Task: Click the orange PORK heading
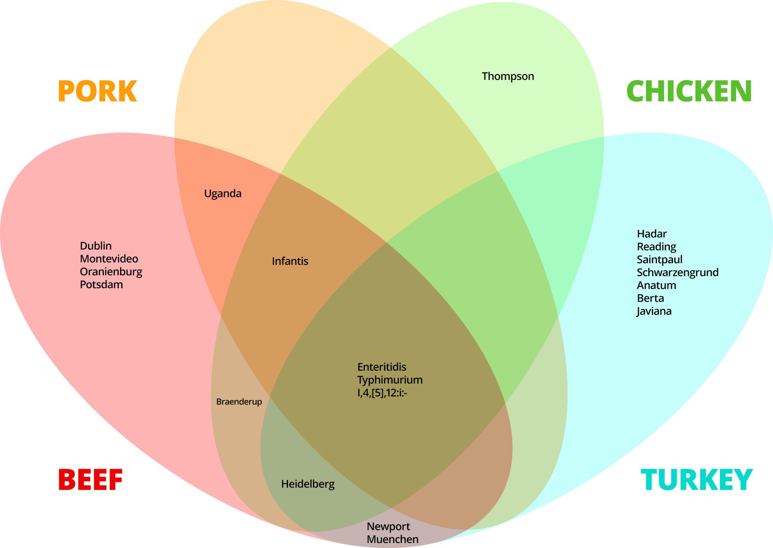pyautogui.click(x=97, y=91)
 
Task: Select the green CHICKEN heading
pyautogui.click(x=689, y=91)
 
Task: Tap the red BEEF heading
pyautogui.click(x=91, y=480)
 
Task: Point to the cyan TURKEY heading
pyautogui.click(x=697, y=480)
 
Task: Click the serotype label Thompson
pyautogui.click(x=508, y=77)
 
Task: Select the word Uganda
pyautogui.click(x=223, y=194)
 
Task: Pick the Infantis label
pyautogui.click(x=290, y=261)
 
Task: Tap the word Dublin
pyautogui.click(x=96, y=246)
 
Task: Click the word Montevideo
pyautogui.click(x=109, y=259)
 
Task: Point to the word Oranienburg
pyautogui.click(x=111, y=272)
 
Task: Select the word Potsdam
pyautogui.click(x=101, y=285)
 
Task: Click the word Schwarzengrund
pyautogui.click(x=678, y=273)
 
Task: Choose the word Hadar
pyautogui.click(x=651, y=234)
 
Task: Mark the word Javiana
pyautogui.click(x=654, y=311)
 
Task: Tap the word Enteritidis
pyautogui.click(x=382, y=367)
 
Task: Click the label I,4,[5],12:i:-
pyautogui.click(x=382, y=393)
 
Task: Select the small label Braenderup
pyautogui.click(x=239, y=402)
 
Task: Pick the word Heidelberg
pyautogui.click(x=308, y=484)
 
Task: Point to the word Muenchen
pyautogui.click(x=393, y=540)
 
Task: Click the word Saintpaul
pyautogui.click(x=659, y=260)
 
